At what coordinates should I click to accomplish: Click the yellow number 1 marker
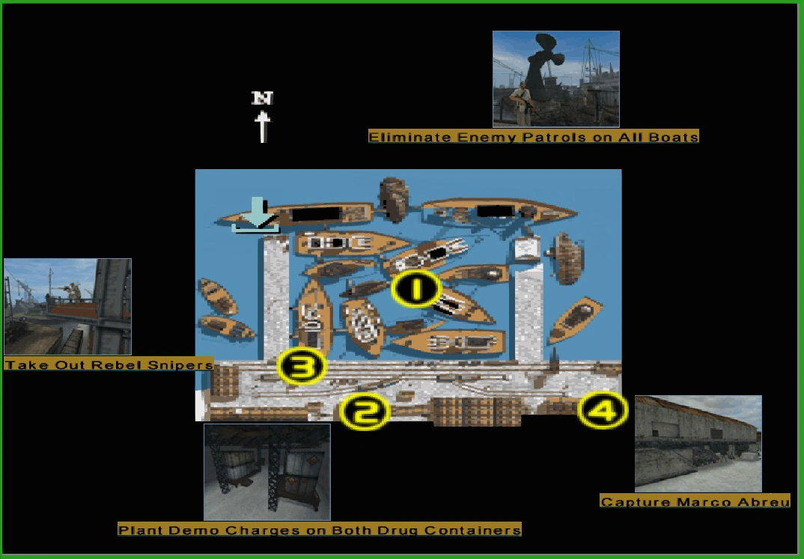[x=415, y=288]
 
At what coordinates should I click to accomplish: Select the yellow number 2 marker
[x=365, y=412]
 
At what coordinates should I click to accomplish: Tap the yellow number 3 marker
[x=302, y=366]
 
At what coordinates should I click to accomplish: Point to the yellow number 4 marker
[x=603, y=410]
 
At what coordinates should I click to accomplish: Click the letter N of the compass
[x=262, y=98]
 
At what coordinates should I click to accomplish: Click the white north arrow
[x=263, y=126]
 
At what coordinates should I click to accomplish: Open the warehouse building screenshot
[x=698, y=444]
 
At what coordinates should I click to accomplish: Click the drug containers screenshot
[x=267, y=472]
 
